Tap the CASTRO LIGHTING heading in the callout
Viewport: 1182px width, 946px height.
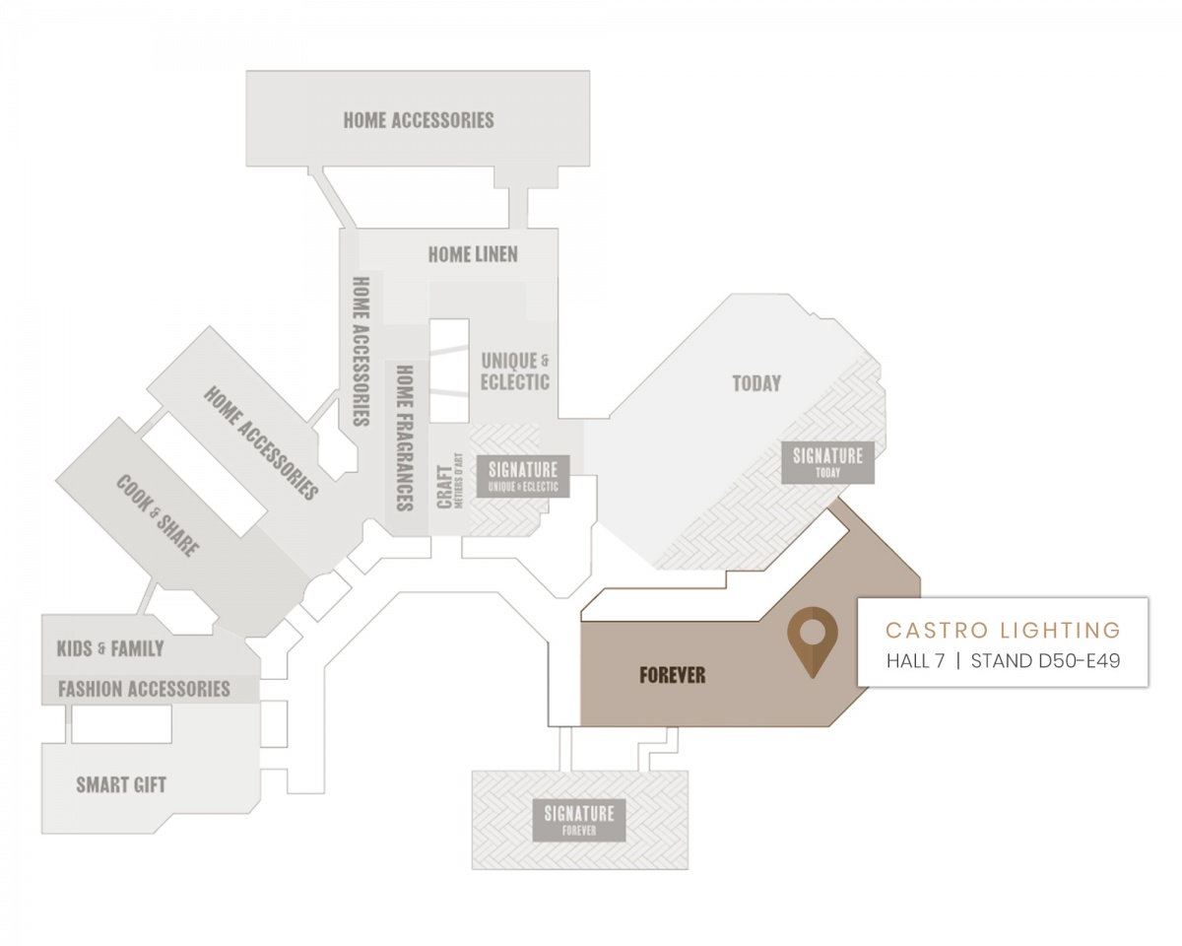point(1003,630)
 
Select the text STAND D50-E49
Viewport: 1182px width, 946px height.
point(1045,660)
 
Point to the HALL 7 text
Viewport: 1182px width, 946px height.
point(916,660)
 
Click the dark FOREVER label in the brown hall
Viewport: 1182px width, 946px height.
point(673,675)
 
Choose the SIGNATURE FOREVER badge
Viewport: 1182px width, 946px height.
point(579,820)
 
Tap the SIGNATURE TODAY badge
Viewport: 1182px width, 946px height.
point(827,462)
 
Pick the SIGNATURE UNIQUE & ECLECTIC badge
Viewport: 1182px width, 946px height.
point(523,476)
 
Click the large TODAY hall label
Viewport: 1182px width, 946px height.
point(756,383)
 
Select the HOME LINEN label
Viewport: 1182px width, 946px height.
point(473,254)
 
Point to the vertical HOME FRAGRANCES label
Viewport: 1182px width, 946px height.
point(405,439)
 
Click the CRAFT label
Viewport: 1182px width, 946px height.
point(444,487)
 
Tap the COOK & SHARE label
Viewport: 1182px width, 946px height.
point(157,515)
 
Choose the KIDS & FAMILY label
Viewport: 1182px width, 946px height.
point(110,648)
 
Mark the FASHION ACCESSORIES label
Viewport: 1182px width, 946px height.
point(144,689)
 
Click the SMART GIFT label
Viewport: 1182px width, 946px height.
point(121,785)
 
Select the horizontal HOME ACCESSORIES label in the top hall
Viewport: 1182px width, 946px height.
point(419,120)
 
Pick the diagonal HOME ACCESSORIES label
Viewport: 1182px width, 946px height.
point(261,443)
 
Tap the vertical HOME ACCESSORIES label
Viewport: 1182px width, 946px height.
point(361,351)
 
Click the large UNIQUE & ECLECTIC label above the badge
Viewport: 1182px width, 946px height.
point(514,372)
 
